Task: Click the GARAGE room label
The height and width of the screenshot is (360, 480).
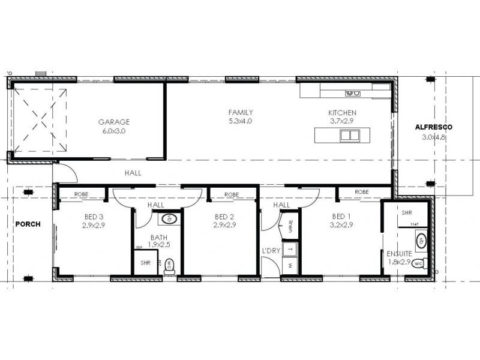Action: point(114,122)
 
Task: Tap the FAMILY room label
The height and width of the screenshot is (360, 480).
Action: point(241,112)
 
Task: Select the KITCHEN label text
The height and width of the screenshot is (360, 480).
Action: point(342,113)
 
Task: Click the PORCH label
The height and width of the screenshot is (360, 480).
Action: point(28,224)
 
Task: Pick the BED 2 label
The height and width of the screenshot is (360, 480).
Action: point(224,217)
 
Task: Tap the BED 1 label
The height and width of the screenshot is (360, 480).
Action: point(342,217)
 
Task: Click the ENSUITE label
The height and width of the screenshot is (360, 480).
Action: point(399,253)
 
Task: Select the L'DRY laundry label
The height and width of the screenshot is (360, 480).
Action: point(271,250)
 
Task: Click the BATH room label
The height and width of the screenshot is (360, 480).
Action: point(159,237)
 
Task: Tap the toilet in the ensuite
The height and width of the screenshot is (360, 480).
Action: point(419,262)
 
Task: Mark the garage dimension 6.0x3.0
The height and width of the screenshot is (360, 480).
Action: point(114,131)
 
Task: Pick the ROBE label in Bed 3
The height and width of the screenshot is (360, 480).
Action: point(82,194)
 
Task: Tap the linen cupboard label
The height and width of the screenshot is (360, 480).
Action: point(290,226)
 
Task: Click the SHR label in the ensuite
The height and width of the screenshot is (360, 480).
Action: point(406,212)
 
